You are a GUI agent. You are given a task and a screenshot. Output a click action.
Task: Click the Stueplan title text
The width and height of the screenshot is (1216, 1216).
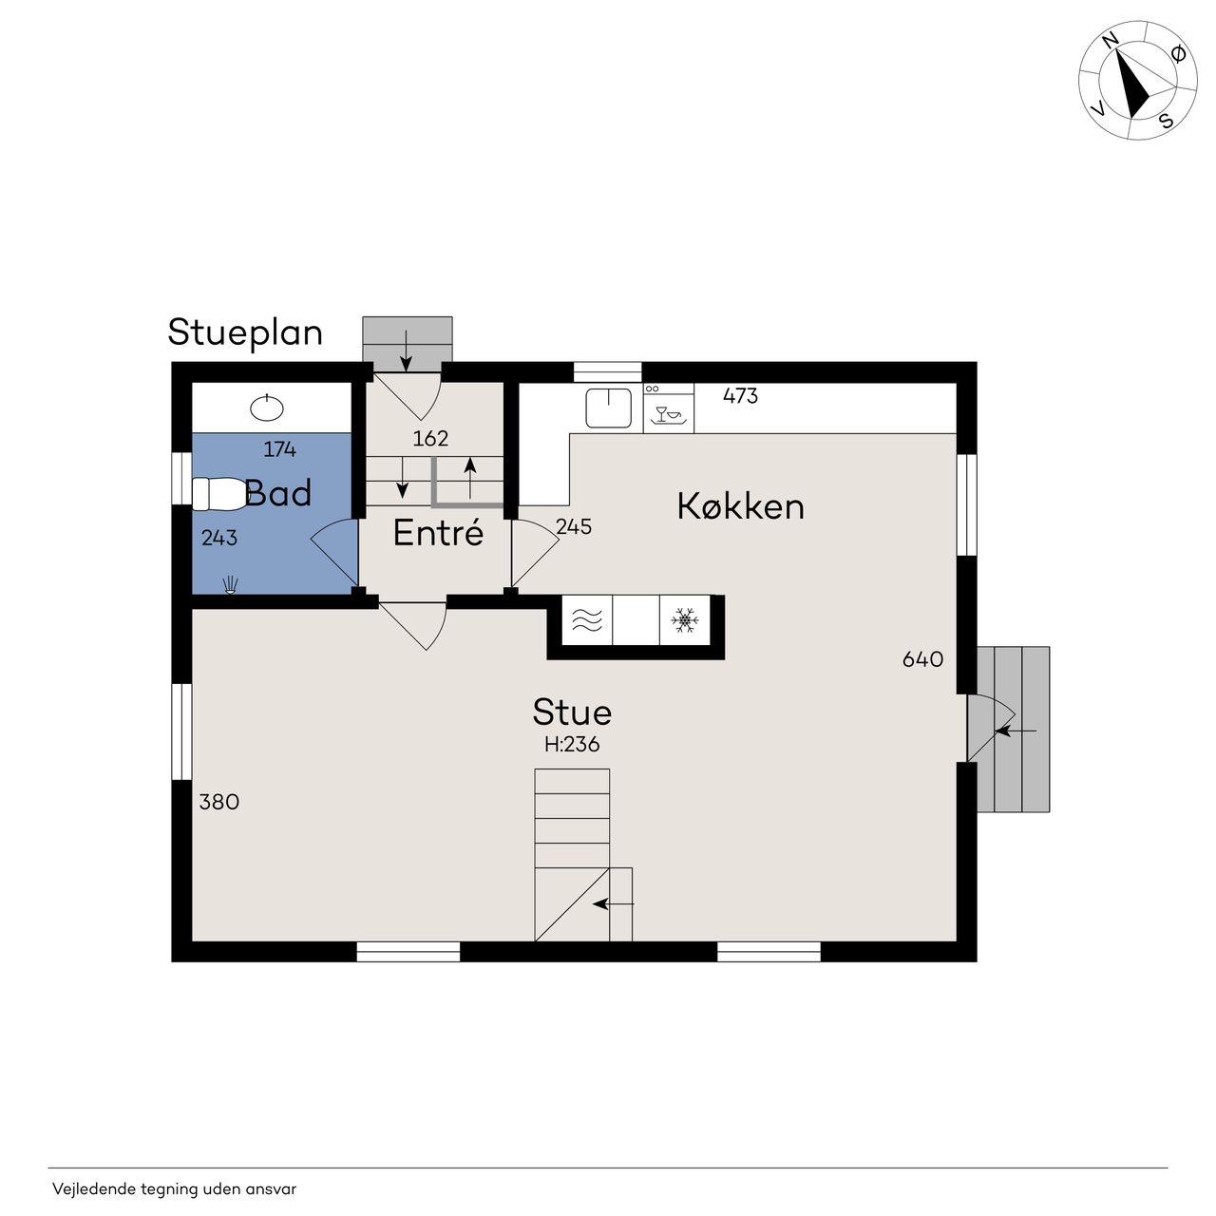click(245, 333)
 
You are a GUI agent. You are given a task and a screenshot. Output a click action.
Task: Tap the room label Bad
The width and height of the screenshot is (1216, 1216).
click(278, 493)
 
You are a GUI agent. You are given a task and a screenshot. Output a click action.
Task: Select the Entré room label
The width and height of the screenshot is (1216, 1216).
click(438, 533)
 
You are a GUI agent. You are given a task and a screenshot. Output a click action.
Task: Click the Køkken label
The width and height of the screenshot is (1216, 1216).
click(741, 506)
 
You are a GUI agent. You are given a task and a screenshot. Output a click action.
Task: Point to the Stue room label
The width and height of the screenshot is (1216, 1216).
click(572, 712)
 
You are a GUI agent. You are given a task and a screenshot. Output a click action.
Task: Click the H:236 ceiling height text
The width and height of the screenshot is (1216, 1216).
click(572, 745)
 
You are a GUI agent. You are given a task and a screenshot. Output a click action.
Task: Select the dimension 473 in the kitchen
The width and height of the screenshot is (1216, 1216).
click(740, 396)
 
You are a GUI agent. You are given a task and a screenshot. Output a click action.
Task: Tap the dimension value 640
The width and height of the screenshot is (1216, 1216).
click(922, 659)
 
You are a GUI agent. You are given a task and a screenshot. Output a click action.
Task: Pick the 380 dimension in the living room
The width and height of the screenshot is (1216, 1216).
click(218, 802)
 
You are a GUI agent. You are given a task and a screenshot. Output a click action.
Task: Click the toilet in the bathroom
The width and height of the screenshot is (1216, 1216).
click(218, 493)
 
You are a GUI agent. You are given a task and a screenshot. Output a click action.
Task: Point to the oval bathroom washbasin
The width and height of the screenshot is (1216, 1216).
click(267, 408)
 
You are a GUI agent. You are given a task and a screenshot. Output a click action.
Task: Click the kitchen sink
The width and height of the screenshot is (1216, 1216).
click(608, 408)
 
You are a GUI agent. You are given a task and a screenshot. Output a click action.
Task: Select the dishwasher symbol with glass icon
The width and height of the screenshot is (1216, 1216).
click(668, 408)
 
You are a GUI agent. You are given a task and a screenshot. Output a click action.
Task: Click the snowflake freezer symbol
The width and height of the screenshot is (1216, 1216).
click(685, 620)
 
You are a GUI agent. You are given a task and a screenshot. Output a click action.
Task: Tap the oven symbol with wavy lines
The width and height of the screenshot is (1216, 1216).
click(587, 621)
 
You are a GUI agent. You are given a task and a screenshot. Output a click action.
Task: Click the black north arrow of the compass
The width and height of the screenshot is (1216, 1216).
click(1133, 84)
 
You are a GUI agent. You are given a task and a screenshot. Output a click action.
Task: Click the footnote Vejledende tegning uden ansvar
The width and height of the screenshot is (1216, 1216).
click(174, 1189)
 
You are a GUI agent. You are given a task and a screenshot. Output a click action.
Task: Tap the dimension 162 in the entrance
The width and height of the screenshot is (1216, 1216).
click(430, 439)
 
